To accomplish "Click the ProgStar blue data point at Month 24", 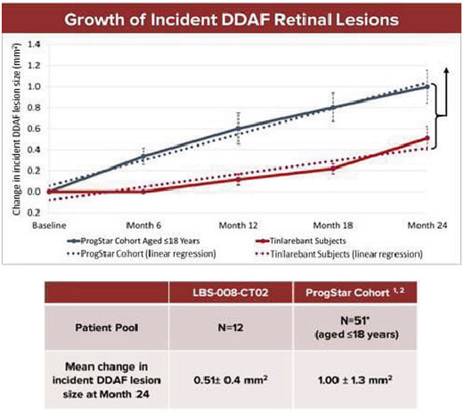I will [427, 87].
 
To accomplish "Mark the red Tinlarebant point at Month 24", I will [427, 138].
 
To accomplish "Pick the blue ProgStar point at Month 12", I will [238, 128].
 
